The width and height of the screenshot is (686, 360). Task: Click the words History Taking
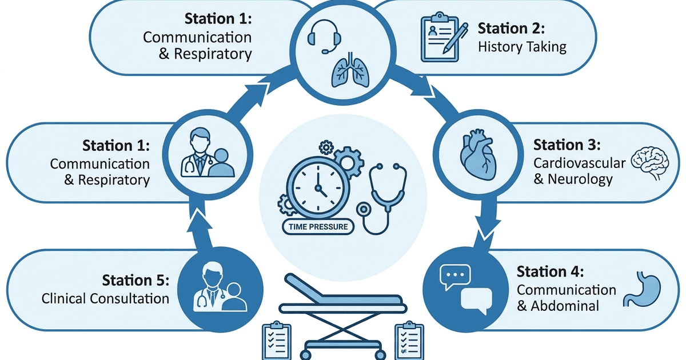click(522, 47)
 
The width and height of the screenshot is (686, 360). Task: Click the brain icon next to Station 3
click(649, 160)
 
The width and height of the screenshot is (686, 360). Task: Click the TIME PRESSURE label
click(318, 227)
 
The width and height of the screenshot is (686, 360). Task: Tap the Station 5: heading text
click(135, 281)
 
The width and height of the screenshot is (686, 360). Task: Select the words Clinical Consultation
click(105, 298)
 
